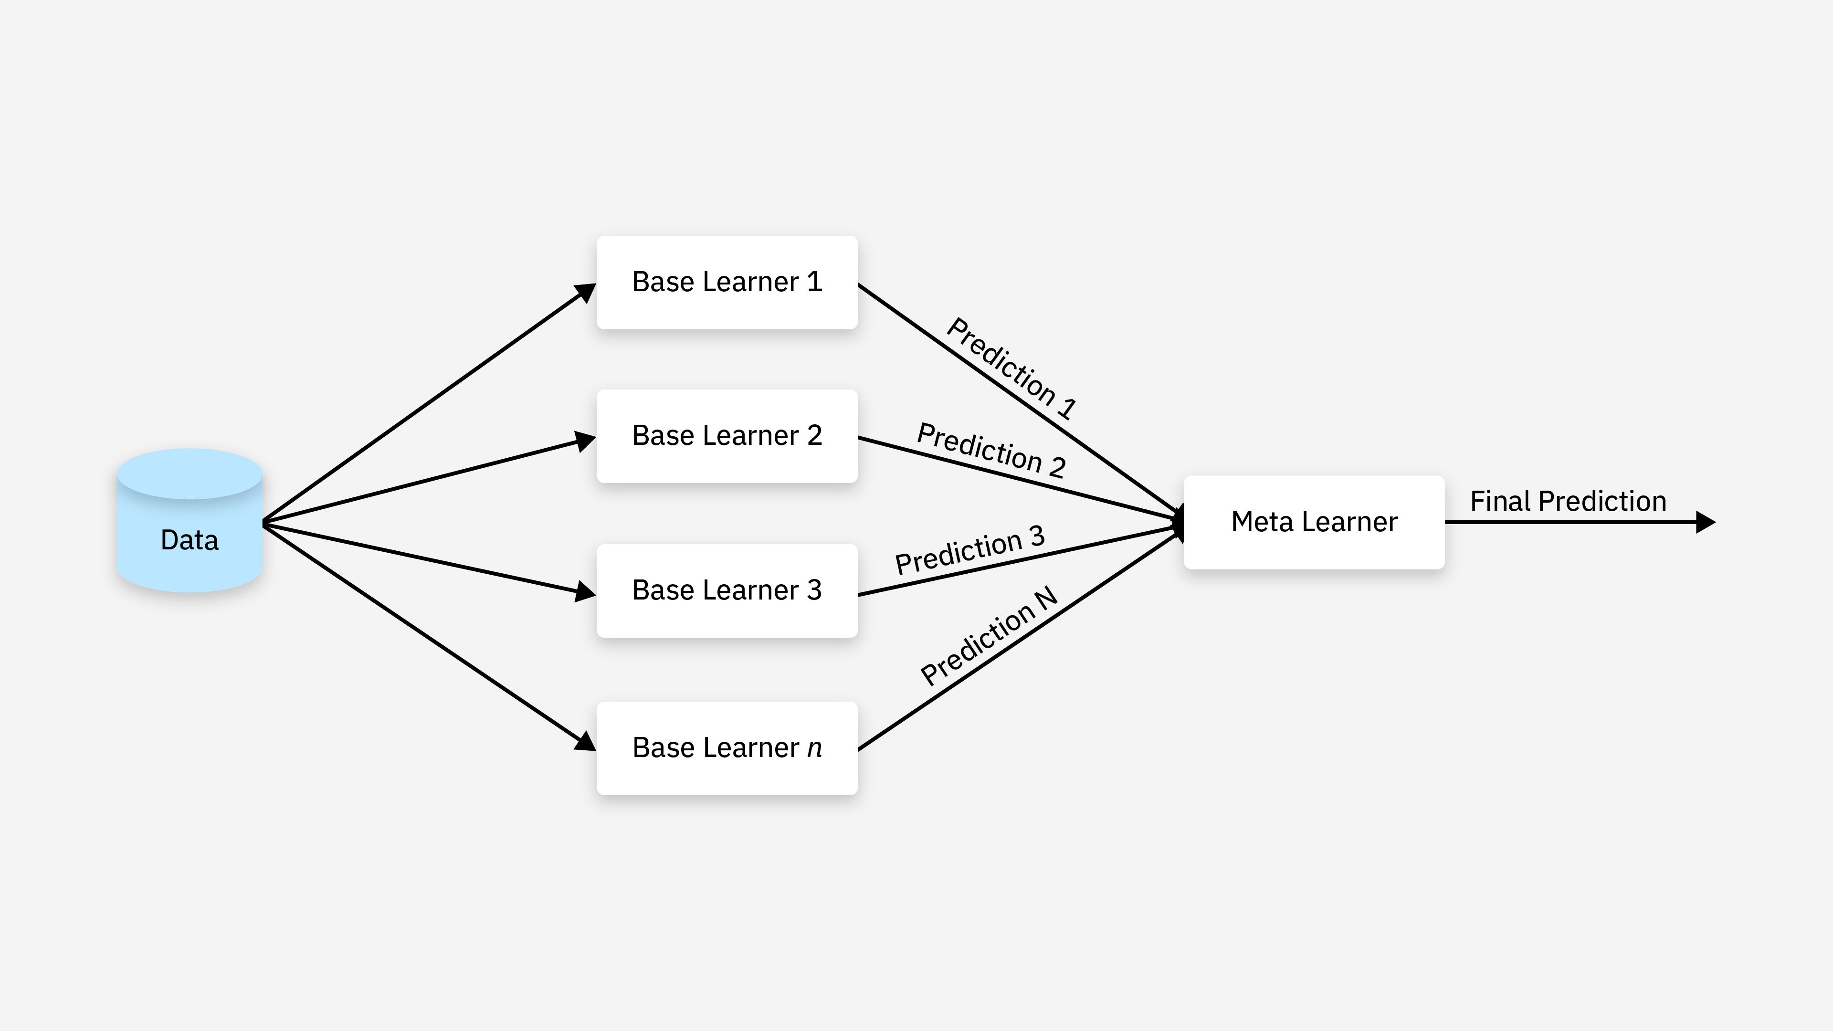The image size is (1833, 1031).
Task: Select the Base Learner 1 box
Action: (727, 283)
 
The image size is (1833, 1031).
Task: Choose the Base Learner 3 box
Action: (727, 590)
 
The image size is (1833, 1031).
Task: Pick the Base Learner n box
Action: (727, 748)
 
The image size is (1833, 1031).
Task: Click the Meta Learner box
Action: (1314, 522)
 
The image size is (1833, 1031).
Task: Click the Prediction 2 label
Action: (990, 450)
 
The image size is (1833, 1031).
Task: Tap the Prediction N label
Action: (989, 635)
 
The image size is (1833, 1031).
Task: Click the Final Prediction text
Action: (1568, 501)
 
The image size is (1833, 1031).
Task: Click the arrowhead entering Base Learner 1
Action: (586, 292)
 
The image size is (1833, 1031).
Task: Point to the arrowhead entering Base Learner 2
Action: (586, 441)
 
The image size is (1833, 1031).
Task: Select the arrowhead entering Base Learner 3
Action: (586, 591)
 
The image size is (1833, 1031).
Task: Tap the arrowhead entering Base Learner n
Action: (586, 741)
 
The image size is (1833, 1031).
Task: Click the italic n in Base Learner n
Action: (814, 748)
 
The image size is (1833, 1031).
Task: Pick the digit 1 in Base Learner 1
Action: (815, 282)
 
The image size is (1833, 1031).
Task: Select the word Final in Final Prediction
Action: (1500, 501)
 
